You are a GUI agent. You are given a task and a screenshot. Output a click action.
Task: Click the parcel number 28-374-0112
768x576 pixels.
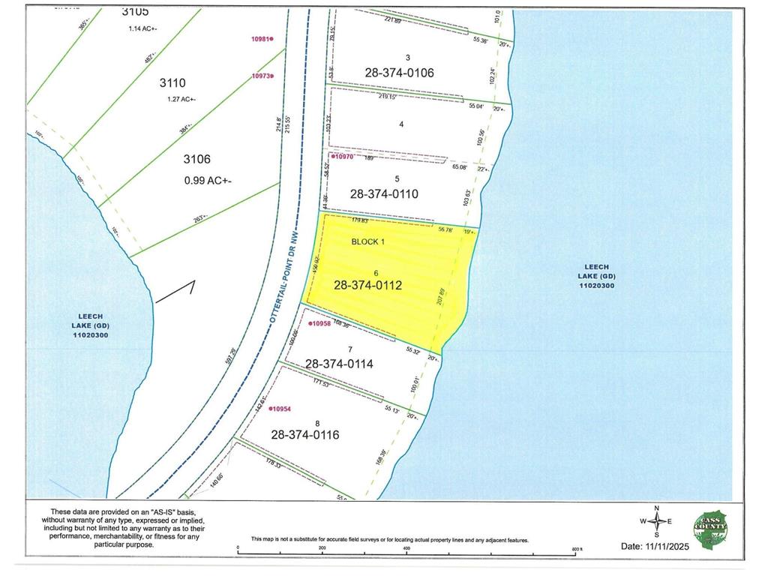tap(368, 285)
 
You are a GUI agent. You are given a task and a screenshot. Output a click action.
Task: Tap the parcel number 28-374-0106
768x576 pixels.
tap(400, 73)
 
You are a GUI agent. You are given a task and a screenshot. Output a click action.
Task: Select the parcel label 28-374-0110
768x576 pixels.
tap(383, 193)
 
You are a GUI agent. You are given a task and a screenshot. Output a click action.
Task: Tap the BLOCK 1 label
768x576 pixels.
tap(367, 242)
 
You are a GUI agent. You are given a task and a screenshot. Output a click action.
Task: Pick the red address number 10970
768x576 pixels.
tap(342, 157)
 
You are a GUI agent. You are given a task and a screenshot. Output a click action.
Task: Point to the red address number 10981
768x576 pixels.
tap(261, 39)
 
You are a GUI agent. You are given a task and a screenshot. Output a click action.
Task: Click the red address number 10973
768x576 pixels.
tap(261, 76)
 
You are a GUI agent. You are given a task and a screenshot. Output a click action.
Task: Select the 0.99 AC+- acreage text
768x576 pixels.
tap(208, 180)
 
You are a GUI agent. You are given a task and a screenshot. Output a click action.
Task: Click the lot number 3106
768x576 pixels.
tap(196, 159)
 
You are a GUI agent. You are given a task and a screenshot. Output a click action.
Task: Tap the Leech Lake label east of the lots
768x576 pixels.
tap(598, 275)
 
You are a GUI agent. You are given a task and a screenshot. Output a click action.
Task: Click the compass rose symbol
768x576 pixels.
tap(656, 522)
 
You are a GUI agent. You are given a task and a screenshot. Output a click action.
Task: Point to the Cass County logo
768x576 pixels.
tap(709, 528)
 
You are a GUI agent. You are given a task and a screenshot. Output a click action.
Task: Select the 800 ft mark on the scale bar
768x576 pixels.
tap(575, 549)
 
